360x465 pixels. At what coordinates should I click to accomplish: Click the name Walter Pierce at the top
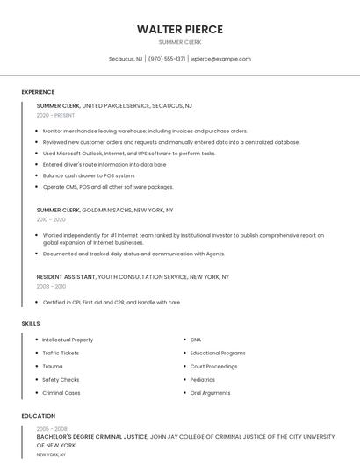(179, 29)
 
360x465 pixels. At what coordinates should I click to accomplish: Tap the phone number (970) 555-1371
(167, 59)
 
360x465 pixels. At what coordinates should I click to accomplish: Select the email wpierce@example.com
(220, 59)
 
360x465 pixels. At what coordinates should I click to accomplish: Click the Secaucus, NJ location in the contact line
(125, 59)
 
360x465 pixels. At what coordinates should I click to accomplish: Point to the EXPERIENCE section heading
(38, 92)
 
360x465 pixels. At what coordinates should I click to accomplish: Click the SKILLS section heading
(31, 324)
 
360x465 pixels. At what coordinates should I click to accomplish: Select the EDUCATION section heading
(38, 416)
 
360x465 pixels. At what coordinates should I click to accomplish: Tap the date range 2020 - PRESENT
(55, 115)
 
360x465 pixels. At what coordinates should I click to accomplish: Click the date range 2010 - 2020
(51, 219)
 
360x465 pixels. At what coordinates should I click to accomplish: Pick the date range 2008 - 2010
(51, 286)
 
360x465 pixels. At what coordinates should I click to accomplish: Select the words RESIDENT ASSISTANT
(66, 276)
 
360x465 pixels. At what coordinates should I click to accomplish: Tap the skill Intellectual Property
(68, 340)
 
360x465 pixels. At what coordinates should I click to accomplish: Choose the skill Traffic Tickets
(61, 353)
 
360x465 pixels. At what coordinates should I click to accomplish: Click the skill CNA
(196, 340)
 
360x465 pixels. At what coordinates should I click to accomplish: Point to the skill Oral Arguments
(210, 393)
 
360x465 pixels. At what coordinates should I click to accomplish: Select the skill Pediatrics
(203, 380)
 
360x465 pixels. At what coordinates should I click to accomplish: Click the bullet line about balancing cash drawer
(89, 175)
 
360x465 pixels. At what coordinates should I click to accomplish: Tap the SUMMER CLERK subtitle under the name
(179, 42)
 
